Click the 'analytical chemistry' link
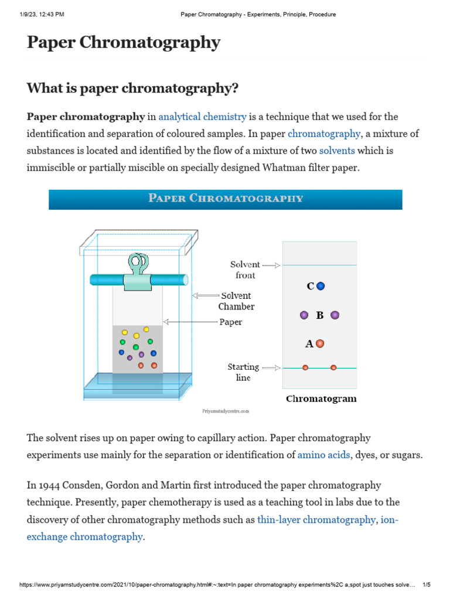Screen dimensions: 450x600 click(x=202, y=117)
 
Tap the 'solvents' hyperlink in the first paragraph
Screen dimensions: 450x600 click(x=337, y=151)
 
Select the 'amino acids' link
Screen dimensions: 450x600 click(x=323, y=455)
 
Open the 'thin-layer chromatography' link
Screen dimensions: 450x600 click(x=316, y=520)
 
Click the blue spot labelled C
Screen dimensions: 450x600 click(x=321, y=287)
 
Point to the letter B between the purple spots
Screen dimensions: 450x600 click(x=320, y=315)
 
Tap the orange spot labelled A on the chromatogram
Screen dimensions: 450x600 click(x=320, y=344)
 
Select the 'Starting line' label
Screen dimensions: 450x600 click(x=243, y=372)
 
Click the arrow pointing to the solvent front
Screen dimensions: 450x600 click(x=271, y=265)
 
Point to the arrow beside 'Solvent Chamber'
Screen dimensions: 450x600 click(x=204, y=296)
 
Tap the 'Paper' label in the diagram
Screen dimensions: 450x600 click(x=231, y=322)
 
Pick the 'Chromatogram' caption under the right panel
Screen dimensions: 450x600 click(x=321, y=400)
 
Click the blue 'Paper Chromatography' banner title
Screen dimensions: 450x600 click(x=226, y=199)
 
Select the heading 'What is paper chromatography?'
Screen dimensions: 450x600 click(x=132, y=88)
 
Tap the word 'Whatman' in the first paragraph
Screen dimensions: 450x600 click(x=282, y=168)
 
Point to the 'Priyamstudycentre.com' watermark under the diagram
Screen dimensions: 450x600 click(x=226, y=412)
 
